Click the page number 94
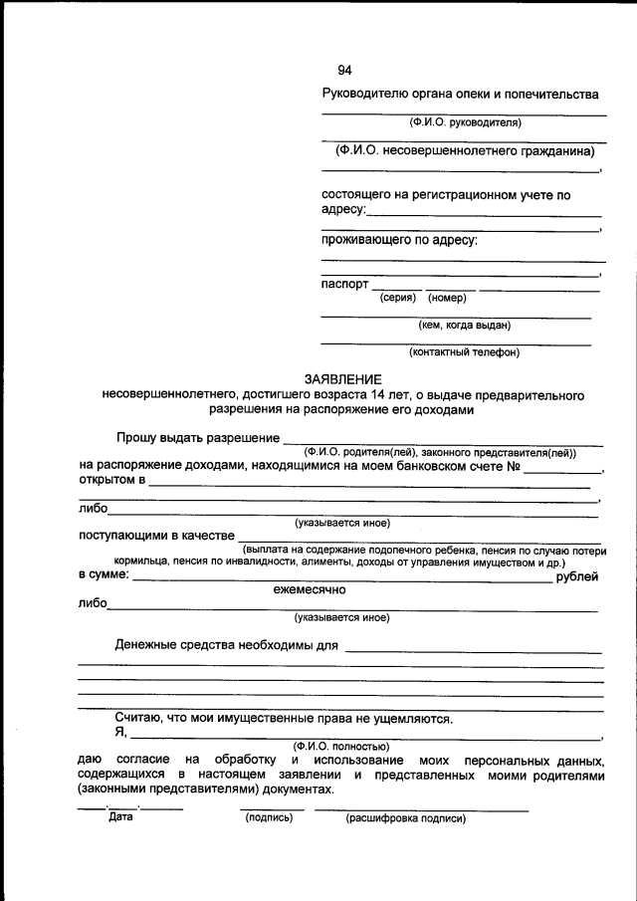[x=344, y=70]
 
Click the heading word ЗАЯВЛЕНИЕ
[x=343, y=379]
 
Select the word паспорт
[x=344, y=284]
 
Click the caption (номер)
[x=447, y=298]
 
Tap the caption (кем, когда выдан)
[x=464, y=325]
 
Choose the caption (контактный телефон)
[x=464, y=351]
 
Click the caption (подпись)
[x=268, y=818]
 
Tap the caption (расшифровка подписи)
[x=405, y=818]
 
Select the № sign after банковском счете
[x=515, y=466]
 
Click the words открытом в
[x=111, y=481]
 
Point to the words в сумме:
[x=104, y=574]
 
